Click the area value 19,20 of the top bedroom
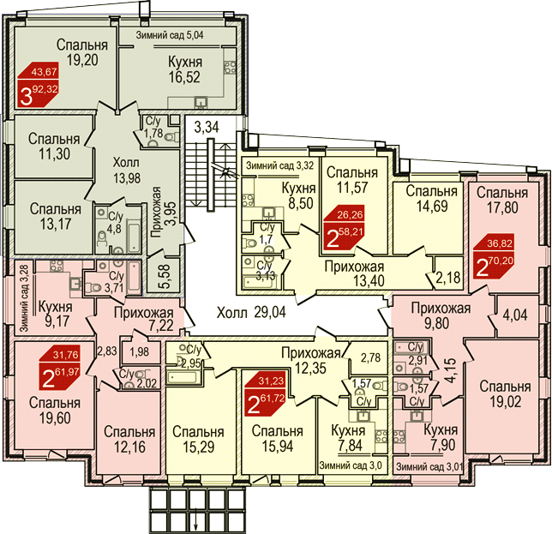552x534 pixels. (82, 60)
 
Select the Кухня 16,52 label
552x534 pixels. (185, 69)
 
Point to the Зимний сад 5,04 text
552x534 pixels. (170, 35)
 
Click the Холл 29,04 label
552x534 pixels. (251, 312)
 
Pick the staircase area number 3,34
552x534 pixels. (207, 127)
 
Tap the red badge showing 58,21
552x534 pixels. (344, 227)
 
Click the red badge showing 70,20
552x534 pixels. (494, 256)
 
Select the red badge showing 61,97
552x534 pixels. (59, 368)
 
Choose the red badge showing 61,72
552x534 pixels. (266, 394)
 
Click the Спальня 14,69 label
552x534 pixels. (432, 198)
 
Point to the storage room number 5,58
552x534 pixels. (165, 276)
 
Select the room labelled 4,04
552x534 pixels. (515, 315)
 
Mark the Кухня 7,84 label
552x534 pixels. (348, 437)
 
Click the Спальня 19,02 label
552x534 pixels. (505, 394)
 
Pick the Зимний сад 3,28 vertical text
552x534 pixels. (24, 297)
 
